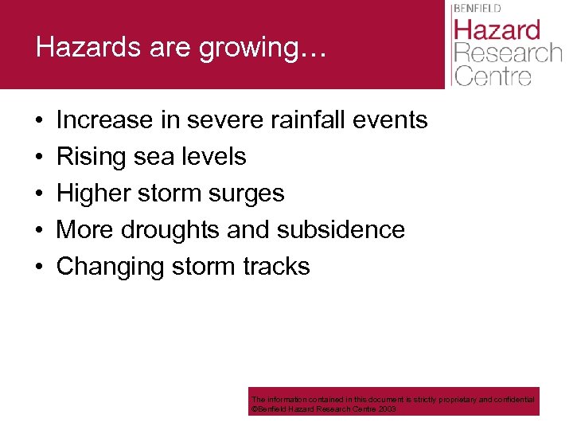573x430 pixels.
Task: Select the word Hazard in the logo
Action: (497, 31)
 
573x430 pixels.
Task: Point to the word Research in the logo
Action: (507, 54)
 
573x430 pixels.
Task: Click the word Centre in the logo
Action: (493, 76)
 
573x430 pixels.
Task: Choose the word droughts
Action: (170, 230)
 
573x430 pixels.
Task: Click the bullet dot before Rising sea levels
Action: (40, 157)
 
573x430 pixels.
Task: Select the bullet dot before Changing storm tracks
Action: (40, 266)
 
